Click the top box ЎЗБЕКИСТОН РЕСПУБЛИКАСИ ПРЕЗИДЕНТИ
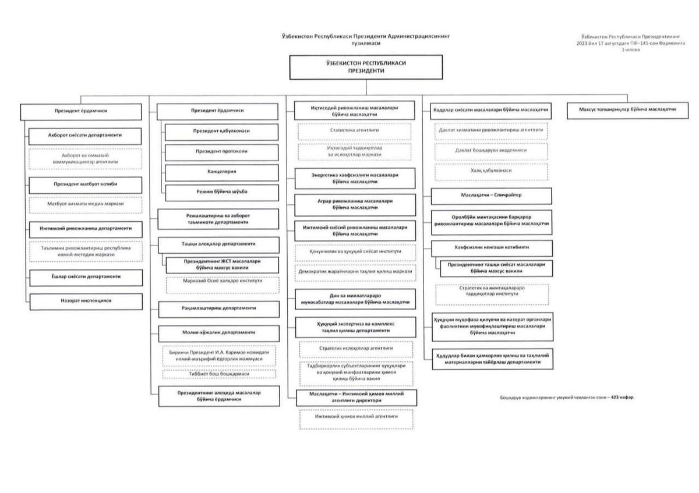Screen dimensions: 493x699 click(x=366, y=66)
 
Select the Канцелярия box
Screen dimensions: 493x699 click(x=214, y=172)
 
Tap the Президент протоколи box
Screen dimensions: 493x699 click(x=214, y=152)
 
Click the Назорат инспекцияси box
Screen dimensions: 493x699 click(x=86, y=301)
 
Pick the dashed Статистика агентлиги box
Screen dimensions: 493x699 click(x=356, y=130)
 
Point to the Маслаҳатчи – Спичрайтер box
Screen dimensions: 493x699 click(x=491, y=195)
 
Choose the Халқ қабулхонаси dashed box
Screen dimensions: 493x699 click(x=491, y=171)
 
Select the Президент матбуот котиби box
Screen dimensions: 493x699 click(x=86, y=184)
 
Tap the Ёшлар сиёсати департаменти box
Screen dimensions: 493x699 click(x=86, y=277)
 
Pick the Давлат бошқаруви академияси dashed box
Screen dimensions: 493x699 click(x=491, y=150)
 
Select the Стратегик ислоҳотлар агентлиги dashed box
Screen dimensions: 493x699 click(x=356, y=348)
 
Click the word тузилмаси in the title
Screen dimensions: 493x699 click(x=365, y=43)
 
